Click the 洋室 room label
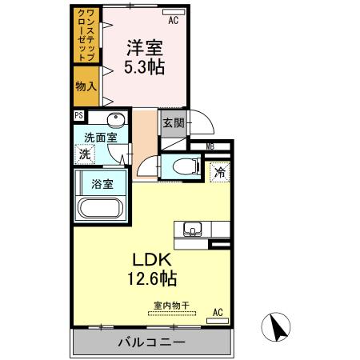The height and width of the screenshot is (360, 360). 144,47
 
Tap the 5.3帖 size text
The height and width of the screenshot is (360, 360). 144,67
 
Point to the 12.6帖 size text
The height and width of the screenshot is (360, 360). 150,280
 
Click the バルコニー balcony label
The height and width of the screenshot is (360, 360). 153,342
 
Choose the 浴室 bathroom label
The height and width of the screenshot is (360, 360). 102,183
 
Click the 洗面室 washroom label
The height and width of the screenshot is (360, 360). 102,138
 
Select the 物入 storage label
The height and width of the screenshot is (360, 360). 86,85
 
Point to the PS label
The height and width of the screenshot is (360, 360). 78,115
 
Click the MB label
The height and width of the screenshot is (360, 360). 210,146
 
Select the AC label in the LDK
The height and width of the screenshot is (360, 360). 218,312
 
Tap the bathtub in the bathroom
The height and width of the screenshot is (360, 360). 99,209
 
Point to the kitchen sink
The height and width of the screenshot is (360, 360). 193,230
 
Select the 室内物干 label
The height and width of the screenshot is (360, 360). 173,304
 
